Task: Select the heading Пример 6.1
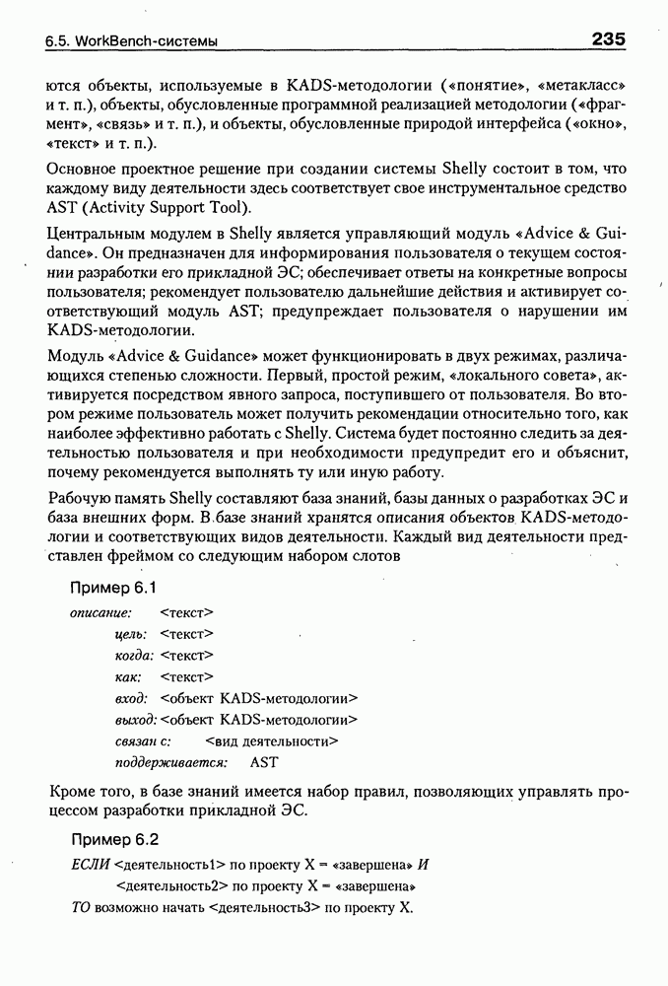(114, 588)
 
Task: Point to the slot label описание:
(100, 613)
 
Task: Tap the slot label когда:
(134, 655)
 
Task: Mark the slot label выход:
(135, 719)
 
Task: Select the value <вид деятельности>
(272, 740)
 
